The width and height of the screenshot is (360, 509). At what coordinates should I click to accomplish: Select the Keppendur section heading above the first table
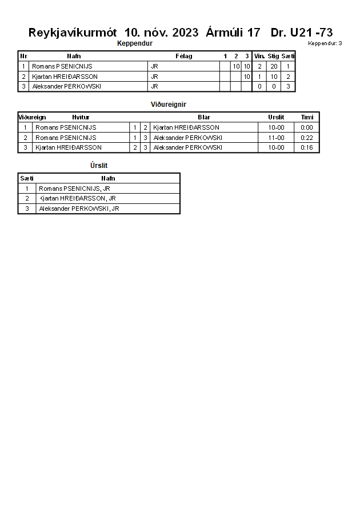click(x=134, y=43)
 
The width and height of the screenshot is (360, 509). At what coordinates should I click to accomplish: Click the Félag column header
click(x=183, y=56)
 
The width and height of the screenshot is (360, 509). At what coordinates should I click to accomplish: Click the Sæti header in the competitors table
click(x=288, y=56)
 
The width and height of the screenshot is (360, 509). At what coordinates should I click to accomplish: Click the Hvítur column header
click(x=81, y=117)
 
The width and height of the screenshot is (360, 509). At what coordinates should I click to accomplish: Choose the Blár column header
click(x=204, y=117)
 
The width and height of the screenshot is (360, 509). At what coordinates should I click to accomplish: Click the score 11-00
click(x=276, y=138)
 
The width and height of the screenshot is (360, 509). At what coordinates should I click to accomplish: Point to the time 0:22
click(x=307, y=138)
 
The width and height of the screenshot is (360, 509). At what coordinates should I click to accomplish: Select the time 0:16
click(x=307, y=147)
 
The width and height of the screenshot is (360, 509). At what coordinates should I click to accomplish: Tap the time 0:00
click(x=307, y=127)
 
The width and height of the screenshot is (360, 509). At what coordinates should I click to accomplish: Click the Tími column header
click(x=307, y=117)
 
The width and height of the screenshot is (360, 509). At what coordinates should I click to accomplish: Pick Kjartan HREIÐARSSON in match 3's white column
click(x=69, y=147)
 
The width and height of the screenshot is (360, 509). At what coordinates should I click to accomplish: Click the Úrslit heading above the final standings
click(x=99, y=166)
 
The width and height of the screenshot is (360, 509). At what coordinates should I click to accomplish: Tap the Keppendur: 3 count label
click(x=325, y=43)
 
